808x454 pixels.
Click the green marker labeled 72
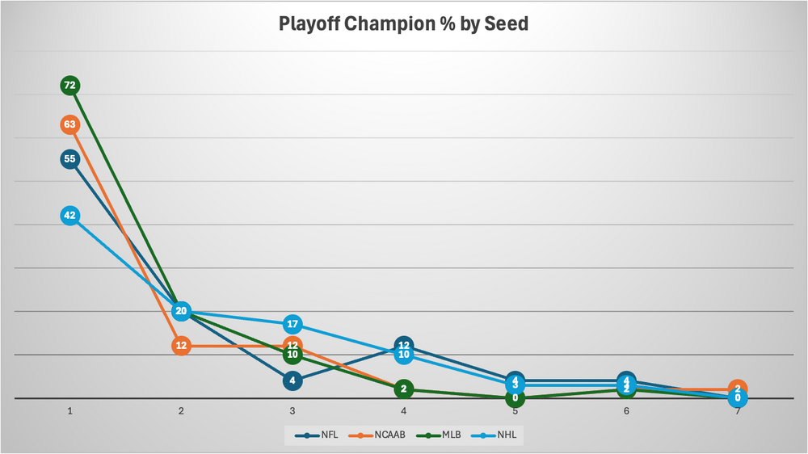(70, 85)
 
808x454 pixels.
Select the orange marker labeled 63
(70, 124)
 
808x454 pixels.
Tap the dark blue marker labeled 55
(70, 159)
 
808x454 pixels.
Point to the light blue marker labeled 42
(70, 215)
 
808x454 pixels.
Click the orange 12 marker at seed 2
(181, 346)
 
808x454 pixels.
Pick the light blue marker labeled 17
(292, 325)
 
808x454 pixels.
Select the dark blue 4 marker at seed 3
(292, 380)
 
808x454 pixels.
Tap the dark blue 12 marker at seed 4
(404, 346)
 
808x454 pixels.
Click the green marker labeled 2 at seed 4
(404, 389)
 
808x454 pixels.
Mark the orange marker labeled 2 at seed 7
(737, 389)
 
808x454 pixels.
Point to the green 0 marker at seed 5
(515, 398)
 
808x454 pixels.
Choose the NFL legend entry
(319, 435)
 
